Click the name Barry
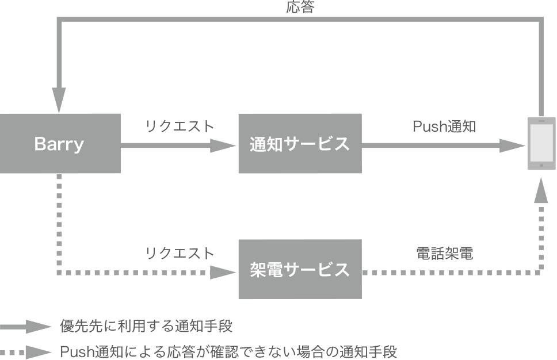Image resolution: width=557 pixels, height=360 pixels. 59,144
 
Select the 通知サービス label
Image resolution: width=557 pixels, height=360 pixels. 299,144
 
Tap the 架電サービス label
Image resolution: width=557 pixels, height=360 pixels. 299,269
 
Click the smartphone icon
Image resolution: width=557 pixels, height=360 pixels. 541,144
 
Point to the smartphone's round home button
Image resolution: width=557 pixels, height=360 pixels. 541,165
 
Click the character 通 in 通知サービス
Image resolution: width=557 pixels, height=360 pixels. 257,144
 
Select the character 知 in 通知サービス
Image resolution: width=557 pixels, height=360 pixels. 274,144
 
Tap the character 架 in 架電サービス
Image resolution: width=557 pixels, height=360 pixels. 257,269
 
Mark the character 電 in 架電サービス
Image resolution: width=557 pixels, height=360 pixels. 274,269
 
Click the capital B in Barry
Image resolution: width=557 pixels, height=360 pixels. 40,144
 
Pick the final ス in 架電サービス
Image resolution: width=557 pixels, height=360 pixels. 342,269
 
